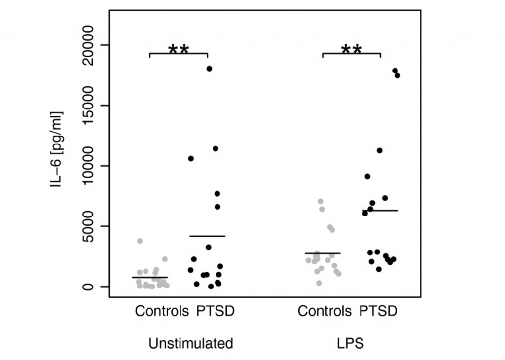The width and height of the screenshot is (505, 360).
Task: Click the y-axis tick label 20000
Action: (91, 45)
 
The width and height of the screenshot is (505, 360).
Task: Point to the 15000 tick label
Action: (91, 106)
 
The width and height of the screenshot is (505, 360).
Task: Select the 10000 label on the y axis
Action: (91, 166)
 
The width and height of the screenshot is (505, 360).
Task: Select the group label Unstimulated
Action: (191, 343)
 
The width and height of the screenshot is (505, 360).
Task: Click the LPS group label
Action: (350, 343)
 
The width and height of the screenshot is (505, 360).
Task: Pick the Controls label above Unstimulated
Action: (162, 312)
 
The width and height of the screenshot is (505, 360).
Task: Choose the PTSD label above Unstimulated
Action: (215, 312)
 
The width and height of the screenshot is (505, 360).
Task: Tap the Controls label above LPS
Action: (325, 312)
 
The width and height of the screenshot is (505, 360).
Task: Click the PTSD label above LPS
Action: (378, 312)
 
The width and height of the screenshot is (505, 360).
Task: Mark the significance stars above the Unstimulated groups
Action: (179, 49)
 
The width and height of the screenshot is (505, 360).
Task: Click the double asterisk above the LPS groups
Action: (352, 49)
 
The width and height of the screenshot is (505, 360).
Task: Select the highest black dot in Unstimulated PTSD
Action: (209, 69)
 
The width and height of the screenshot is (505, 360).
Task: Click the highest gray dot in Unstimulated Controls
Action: (140, 241)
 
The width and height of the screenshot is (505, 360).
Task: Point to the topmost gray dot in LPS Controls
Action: (321, 201)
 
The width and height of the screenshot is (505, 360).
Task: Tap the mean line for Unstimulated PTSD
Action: (207, 236)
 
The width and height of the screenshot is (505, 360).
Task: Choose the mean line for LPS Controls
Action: (323, 253)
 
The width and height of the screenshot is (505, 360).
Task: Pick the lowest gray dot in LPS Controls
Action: (319, 283)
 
